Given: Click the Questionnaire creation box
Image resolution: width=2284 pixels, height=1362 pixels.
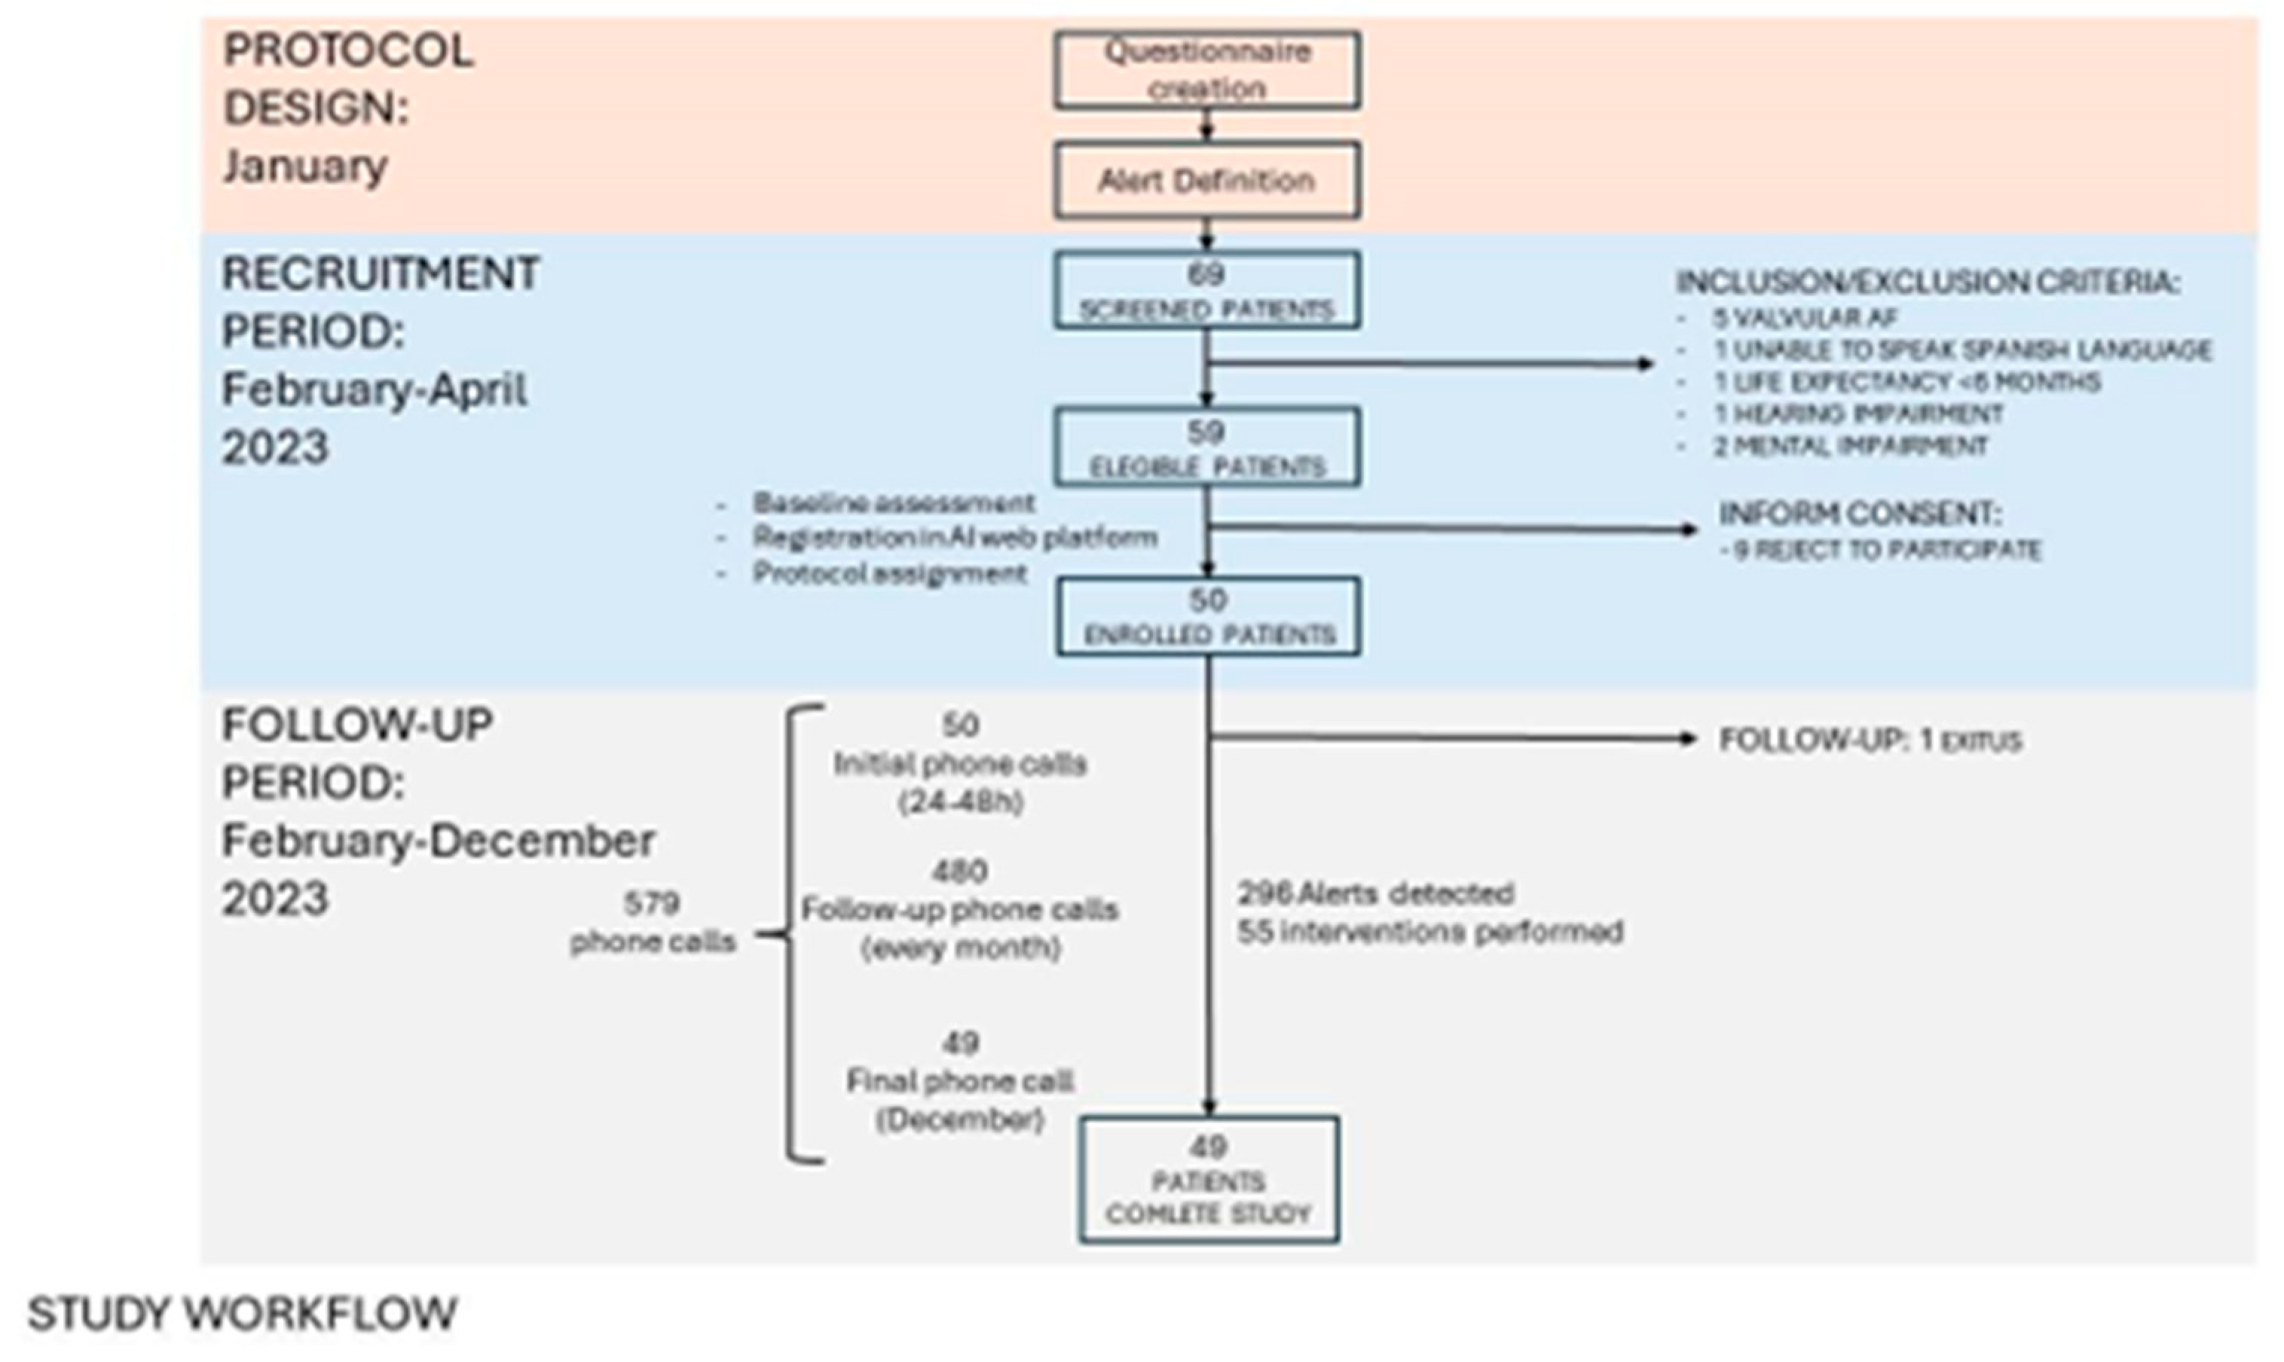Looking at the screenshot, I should click(x=1206, y=71).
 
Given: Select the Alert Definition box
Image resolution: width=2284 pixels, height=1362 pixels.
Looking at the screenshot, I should click(x=1206, y=181).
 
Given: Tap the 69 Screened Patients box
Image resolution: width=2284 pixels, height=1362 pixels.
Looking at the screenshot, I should click(x=1206, y=291).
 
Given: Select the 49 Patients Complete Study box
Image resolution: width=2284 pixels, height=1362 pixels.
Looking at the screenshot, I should click(x=1208, y=1180).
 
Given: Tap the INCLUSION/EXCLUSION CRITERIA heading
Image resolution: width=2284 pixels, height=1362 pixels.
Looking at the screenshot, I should click(x=1928, y=282).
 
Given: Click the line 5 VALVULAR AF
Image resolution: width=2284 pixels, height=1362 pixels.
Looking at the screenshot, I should click(x=1805, y=319).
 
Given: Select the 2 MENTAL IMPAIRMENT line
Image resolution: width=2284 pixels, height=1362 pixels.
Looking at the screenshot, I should click(x=1851, y=447).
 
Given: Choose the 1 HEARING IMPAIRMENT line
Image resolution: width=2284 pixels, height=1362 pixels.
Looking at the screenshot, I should click(x=1858, y=414).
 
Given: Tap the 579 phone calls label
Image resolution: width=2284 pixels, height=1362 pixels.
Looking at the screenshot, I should click(x=653, y=922).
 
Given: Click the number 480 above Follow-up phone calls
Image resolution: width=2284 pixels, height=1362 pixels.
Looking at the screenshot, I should click(x=959, y=870).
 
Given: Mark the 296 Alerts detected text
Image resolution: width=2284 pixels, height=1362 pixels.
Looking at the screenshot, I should click(x=1375, y=893).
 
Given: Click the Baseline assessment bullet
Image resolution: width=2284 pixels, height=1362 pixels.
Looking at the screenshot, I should click(x=893, y=503).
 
